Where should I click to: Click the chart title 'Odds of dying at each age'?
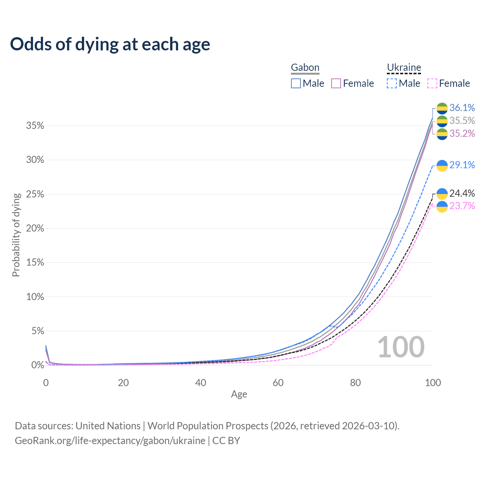[110, 44]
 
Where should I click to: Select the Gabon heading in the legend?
[305, 67]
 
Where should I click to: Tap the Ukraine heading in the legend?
[404, 67]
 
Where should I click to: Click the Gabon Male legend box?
[296, 83]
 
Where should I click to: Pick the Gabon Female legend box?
[336, 83]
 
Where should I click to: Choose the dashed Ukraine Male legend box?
[392, 83]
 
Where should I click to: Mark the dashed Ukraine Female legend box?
[432, 83]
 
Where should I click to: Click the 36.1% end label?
[462, 108]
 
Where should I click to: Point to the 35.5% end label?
[462, 121]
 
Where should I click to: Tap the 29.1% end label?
[462, 165]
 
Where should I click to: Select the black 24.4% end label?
[462, 194]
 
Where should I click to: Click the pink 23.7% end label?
[462, 206]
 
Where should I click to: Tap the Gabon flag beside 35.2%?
[442, 134]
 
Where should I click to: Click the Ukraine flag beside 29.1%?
[442, 166]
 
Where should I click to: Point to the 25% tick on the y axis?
[35, 194]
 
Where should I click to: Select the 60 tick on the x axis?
[278, 383]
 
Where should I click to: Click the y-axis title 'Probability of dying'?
[16, 235]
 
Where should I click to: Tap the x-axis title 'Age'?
[239, 394]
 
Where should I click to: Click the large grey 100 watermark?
[401, 347]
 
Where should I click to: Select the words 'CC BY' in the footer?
[226, 441]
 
